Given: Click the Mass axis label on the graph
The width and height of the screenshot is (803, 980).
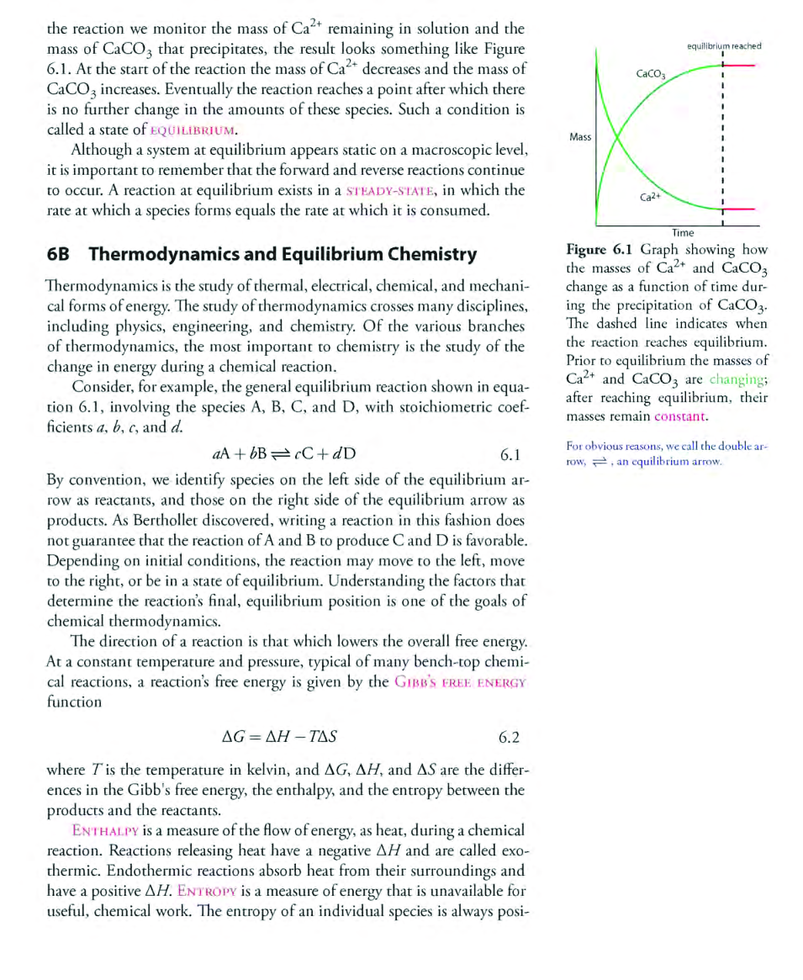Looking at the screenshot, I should (579, 136).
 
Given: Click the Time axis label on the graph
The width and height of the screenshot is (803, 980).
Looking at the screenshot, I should (683, 232).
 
